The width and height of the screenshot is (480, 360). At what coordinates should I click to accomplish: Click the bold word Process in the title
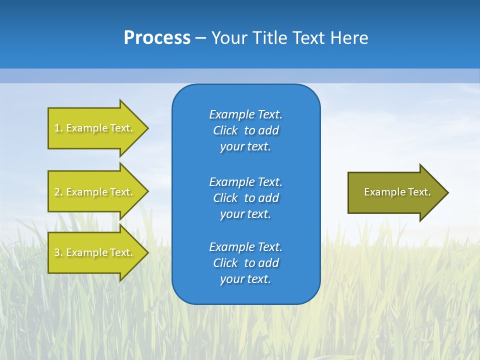[x=157, y=38]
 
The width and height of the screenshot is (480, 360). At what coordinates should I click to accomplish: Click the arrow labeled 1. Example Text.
[x=95, y=128]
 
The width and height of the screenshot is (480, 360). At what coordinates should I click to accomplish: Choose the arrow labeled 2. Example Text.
[x=95, y=192]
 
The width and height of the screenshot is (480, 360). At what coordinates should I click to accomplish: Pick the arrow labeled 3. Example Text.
[x=95, y=252]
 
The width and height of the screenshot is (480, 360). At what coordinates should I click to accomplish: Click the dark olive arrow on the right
[x=395, y=192]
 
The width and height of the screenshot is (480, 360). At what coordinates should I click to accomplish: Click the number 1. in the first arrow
[x=58, y=128]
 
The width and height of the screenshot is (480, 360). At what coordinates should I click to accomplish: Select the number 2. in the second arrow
[x=58, y=192]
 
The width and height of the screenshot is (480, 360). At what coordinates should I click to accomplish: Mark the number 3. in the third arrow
[x=58, y=252]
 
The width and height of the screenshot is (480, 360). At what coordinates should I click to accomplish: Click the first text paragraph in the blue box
[x=245, y=130]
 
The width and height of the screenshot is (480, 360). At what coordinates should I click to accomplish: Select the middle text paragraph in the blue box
[x=245, y=198]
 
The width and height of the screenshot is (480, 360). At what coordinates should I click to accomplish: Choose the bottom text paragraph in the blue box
[x=245, y=263]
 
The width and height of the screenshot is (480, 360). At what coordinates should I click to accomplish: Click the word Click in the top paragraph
[x=225, y=130]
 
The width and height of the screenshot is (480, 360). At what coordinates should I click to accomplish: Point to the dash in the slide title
[x=200, y=38]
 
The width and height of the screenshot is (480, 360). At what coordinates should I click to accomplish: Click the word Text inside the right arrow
[x=419, y=192]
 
